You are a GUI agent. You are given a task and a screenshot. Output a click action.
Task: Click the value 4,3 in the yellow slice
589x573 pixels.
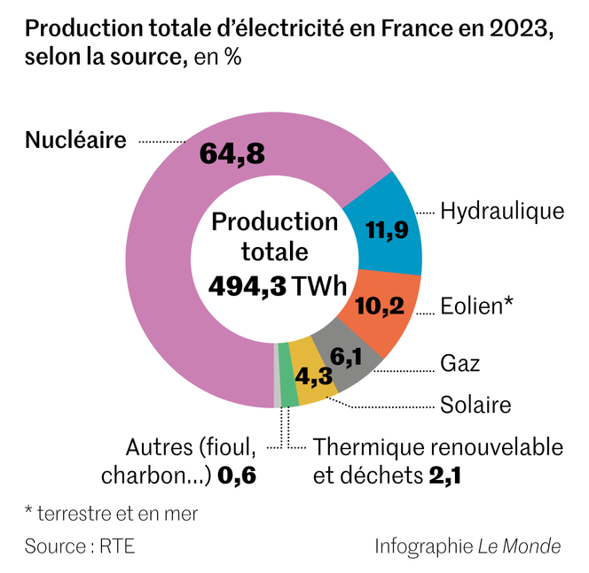[314, 376]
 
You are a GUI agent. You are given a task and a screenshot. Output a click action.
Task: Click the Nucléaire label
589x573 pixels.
[76, 140]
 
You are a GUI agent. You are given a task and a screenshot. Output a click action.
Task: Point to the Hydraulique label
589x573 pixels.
[502, 211]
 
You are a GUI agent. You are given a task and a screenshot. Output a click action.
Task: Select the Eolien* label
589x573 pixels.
[477, 306]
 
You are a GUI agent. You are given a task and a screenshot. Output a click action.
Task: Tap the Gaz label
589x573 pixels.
[460, 363]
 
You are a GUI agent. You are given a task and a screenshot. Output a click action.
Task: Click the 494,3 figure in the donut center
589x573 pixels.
[247, 285]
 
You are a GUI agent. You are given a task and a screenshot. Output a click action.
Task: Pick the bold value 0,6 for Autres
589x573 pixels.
[237, 476]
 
